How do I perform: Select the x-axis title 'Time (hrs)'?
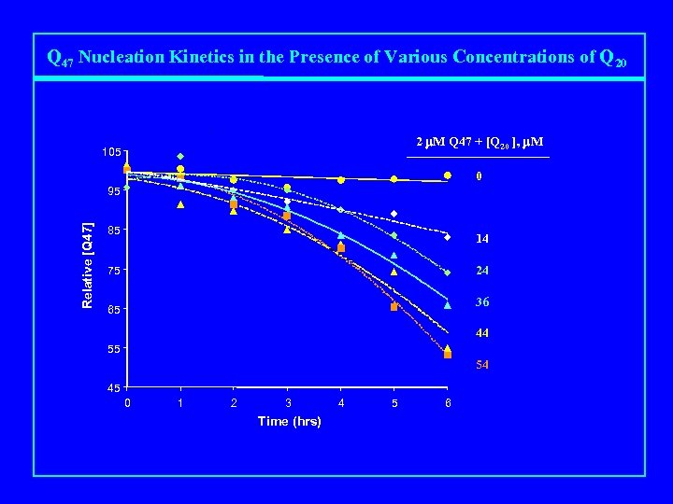289,422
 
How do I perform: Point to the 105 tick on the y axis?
113,152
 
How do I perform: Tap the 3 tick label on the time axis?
288,403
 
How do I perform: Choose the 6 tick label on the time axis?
448,403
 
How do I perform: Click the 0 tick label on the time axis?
128,403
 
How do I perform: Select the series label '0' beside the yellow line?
478,176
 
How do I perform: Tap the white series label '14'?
481,239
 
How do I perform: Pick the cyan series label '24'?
481,272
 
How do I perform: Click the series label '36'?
481,302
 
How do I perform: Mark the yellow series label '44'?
481,333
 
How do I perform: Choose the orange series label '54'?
481,365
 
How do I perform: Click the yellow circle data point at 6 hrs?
448,175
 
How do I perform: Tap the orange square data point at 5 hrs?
394,306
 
